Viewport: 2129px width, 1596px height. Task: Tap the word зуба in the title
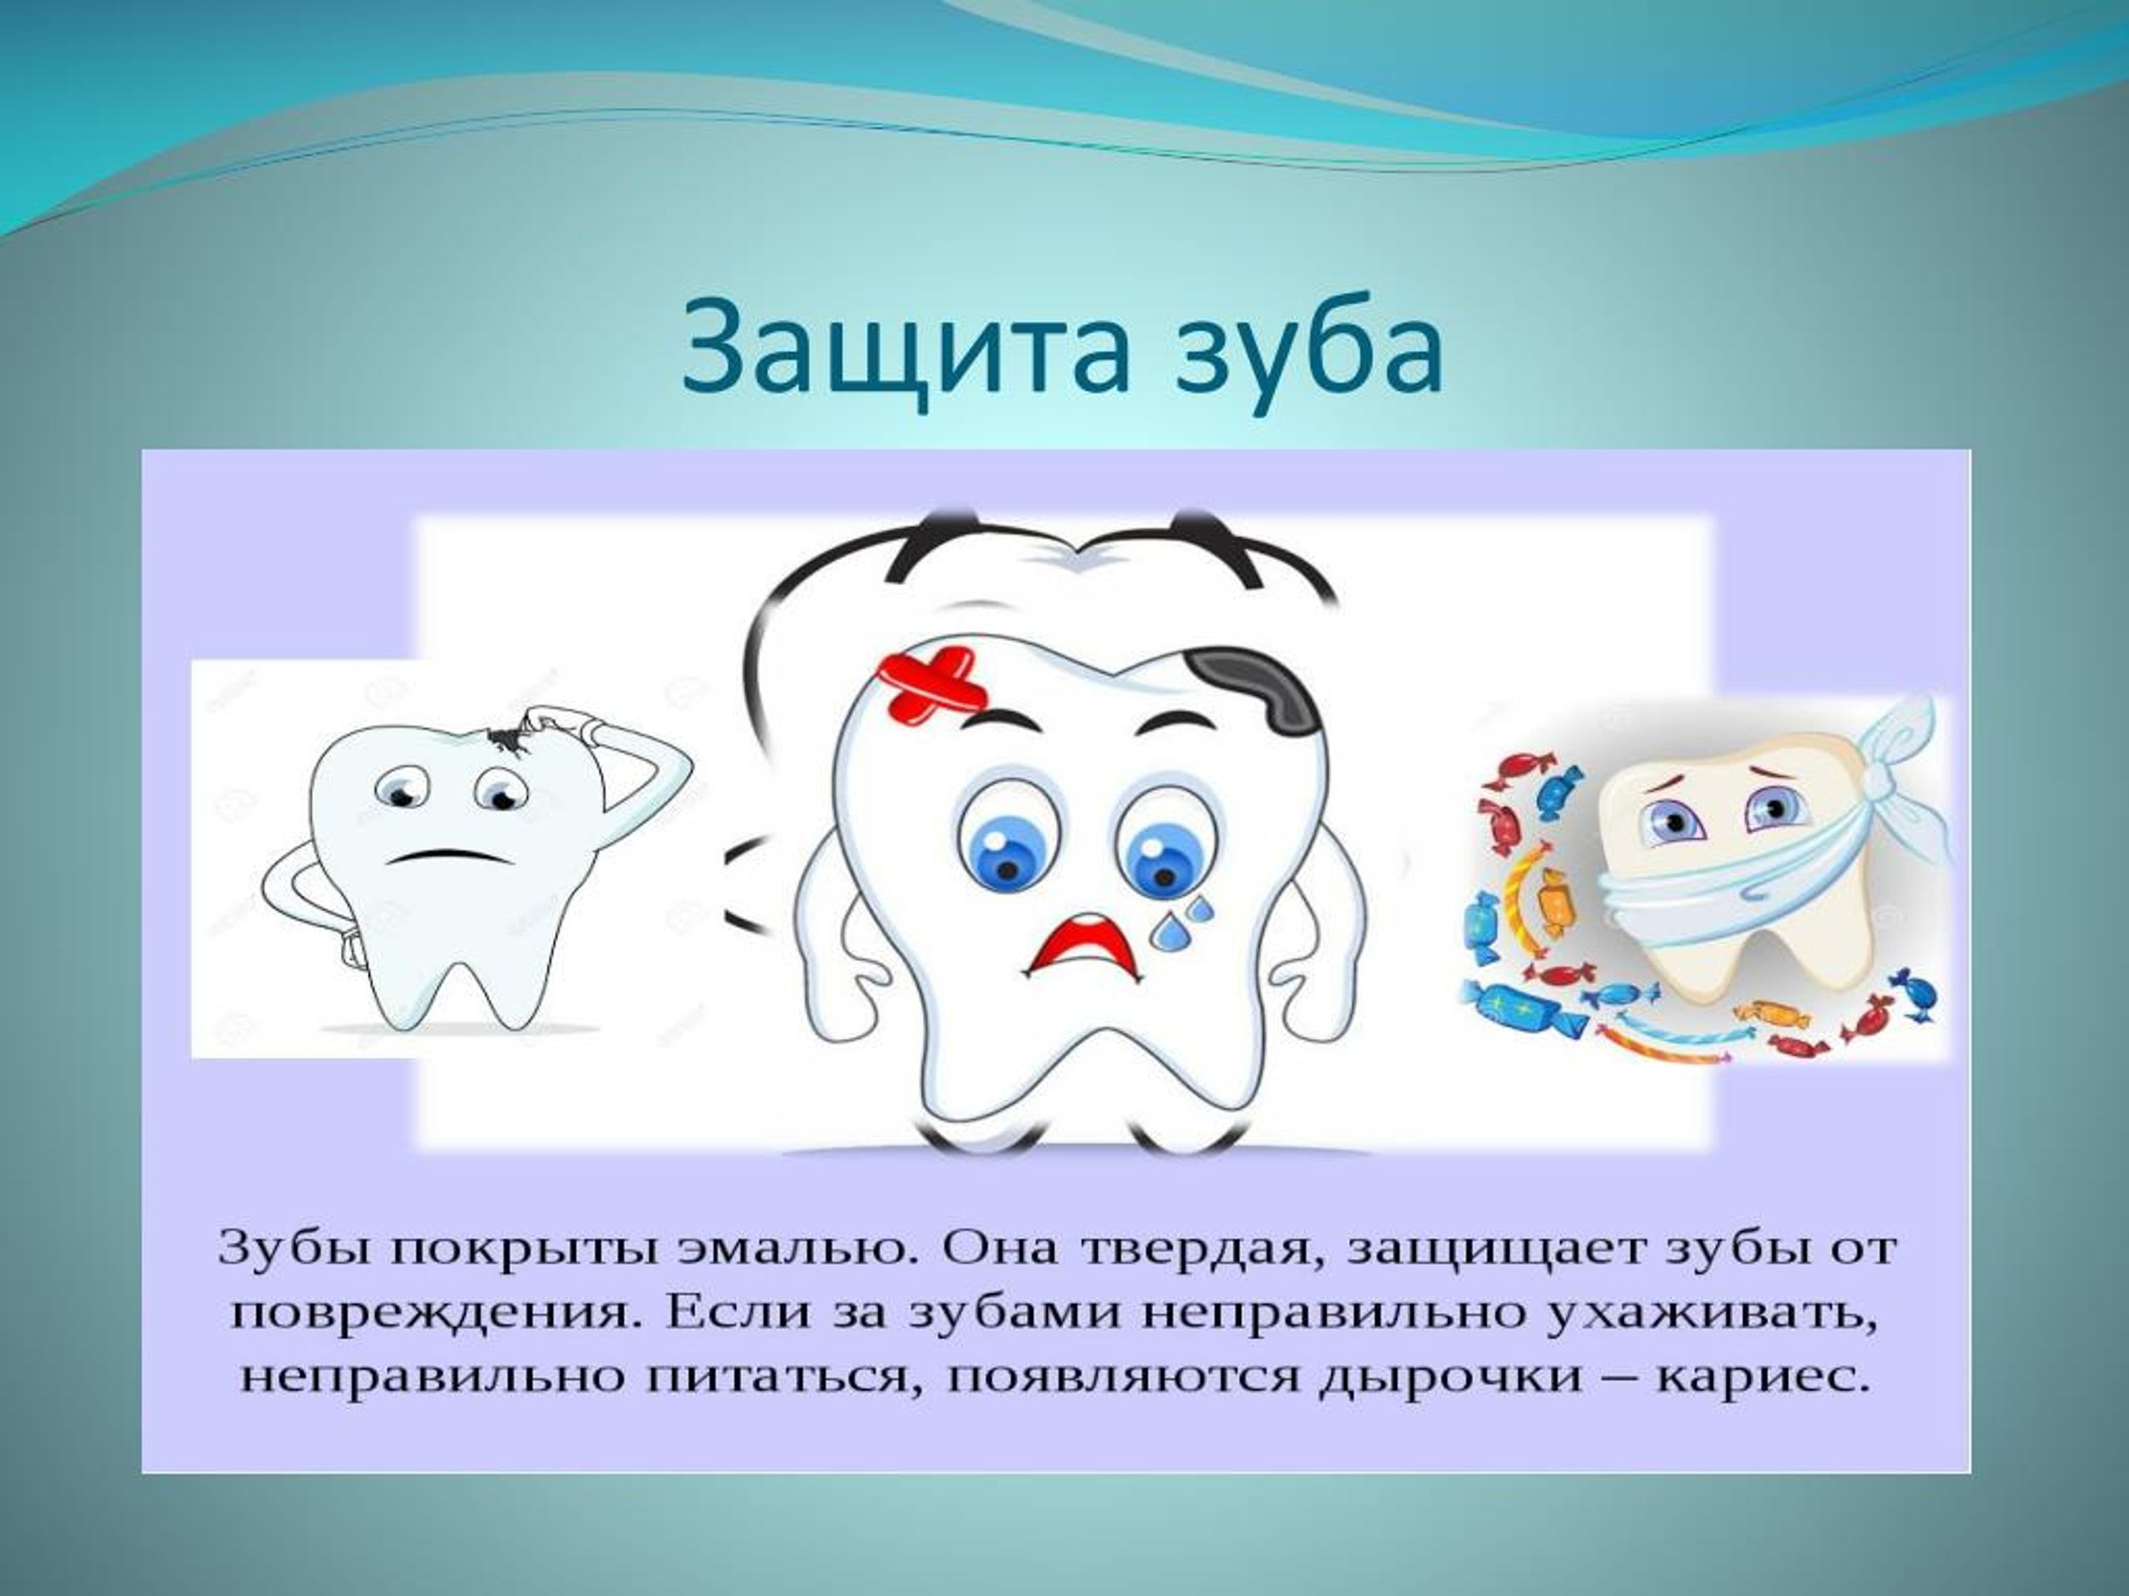pos(1310,347)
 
